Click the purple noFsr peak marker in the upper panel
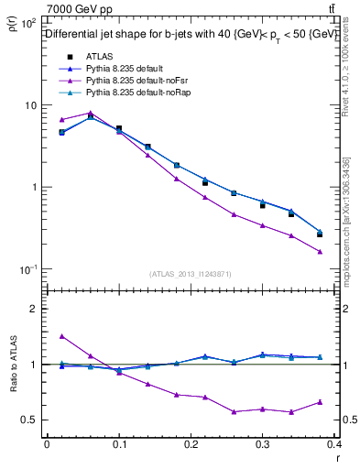pos(90,113)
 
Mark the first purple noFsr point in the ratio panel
pos(61,336)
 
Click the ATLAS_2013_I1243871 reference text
pos(191,274)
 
